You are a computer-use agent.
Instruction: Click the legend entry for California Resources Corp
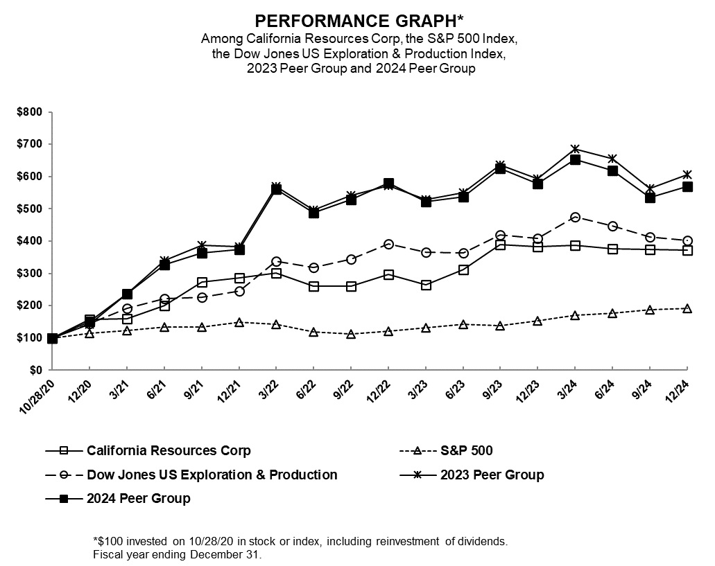click(169, 450)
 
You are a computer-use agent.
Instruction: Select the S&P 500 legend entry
click(466, 450)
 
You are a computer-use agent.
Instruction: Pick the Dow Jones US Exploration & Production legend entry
click(212, 475)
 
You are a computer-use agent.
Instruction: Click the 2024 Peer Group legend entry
click(138, 498)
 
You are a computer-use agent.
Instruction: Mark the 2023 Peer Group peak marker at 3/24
click(575, 149)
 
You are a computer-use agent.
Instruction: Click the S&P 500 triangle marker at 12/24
click(687, 308)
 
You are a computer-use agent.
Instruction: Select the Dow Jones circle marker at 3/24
click(575, 217)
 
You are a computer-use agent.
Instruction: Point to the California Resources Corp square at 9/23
click(501, 245)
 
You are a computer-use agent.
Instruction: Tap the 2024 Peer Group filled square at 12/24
click(687, 186)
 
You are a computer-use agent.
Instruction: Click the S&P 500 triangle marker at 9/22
click(351, 334)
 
